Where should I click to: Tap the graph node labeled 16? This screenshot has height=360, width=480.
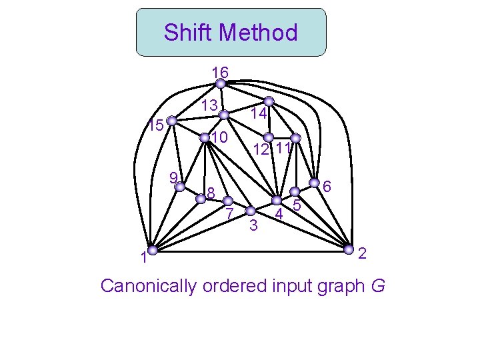click(x=220, y=84)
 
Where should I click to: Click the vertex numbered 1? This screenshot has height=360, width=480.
click(x=153, y=250)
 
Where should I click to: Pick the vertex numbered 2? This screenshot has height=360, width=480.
click(x=349, y=249)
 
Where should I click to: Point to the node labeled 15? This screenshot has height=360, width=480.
click(x=171, y=121)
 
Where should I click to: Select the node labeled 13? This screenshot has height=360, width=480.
click(x=225, y=114)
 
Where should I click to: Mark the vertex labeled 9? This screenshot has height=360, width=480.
click(x=179, y=187)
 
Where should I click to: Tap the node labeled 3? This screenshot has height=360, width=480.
click(x=251, y=212)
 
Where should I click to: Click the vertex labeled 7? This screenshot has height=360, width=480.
click(x=227, y=200)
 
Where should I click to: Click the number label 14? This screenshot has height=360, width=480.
click(x=259, y=115)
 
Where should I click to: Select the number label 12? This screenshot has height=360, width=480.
click(x=261, y=150)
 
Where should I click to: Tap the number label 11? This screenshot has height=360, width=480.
click(x=283, y=148)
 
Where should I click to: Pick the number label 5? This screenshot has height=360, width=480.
click(x=297, y=207)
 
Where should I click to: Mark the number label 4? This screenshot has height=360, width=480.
click(x=280, y=215)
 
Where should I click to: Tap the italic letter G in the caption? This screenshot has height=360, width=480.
click(x=378, y=287)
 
